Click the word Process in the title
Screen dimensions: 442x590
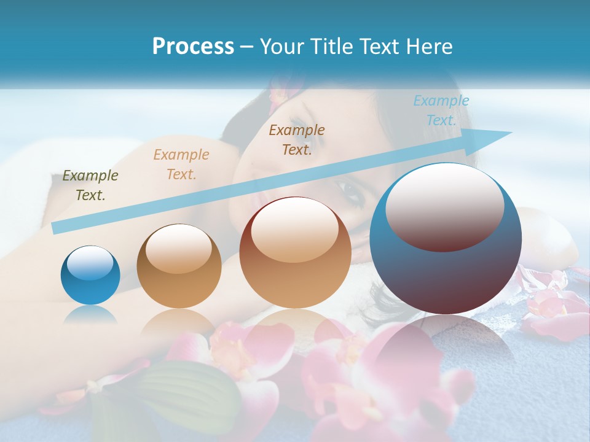click(x=193, y=47)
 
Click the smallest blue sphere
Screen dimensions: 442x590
click(x=90, y=275)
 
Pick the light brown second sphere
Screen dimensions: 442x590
click(x=179, y=266)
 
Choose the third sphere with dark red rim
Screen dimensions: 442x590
click(x=296, y=252)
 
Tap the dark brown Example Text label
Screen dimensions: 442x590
click(x=297, y=140)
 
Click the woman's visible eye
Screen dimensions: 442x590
click(x=350, y=192)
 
